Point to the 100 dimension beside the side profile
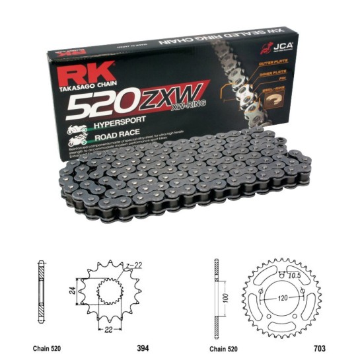coord(227,299)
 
